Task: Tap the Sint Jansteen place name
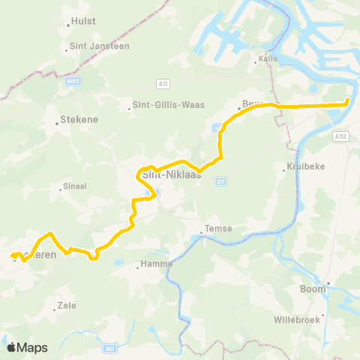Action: coord(91,46)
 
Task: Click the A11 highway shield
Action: coord(163,83)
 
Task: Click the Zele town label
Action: coord(67,306)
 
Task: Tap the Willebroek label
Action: coord(297,319)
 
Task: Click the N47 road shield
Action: coord(110,348)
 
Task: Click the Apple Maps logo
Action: coord(27,347)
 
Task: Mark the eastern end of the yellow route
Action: coord(347,102)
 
